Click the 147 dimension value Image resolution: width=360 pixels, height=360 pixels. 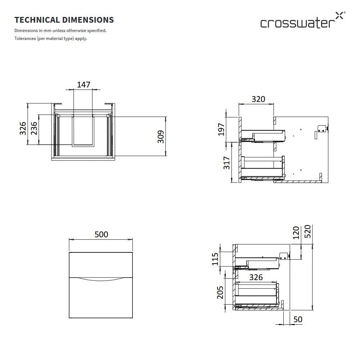84,85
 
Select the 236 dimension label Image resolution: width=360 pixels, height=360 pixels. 34,129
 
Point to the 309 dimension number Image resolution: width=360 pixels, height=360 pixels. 161,137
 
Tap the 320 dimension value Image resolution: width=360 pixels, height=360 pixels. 258,99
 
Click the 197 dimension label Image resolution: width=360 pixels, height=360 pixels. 221,129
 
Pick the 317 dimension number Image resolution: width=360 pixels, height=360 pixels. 227,163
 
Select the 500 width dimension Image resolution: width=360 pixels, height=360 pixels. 101,234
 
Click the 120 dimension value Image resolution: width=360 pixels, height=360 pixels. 296,233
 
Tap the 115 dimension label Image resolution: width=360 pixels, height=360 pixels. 215,259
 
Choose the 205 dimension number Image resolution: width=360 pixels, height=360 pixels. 220,292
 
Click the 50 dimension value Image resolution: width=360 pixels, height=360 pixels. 298,320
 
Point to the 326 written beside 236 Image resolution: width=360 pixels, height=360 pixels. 23,129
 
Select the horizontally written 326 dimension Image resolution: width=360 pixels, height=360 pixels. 256,277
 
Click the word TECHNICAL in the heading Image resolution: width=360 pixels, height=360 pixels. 36,20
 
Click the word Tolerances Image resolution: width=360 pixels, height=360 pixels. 25,39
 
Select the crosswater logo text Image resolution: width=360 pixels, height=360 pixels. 296,23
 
